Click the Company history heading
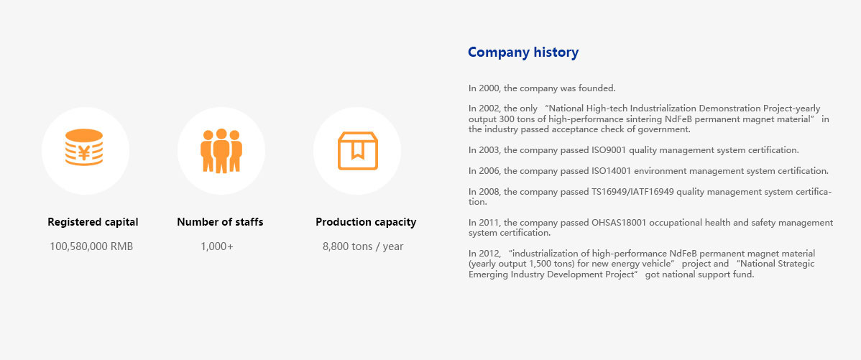coord(522,52)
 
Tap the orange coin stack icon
coord(84,147)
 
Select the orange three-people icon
coord(221,151)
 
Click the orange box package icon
coord(358,150)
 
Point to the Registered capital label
coord(93,222)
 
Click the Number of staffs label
coord(220,222)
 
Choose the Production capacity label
coord(366,222)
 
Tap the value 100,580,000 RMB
coord(91,246)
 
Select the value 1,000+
coord(217,246)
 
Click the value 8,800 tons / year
coord(363,246)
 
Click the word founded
coord(599,88)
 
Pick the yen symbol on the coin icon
coord(84,153)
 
